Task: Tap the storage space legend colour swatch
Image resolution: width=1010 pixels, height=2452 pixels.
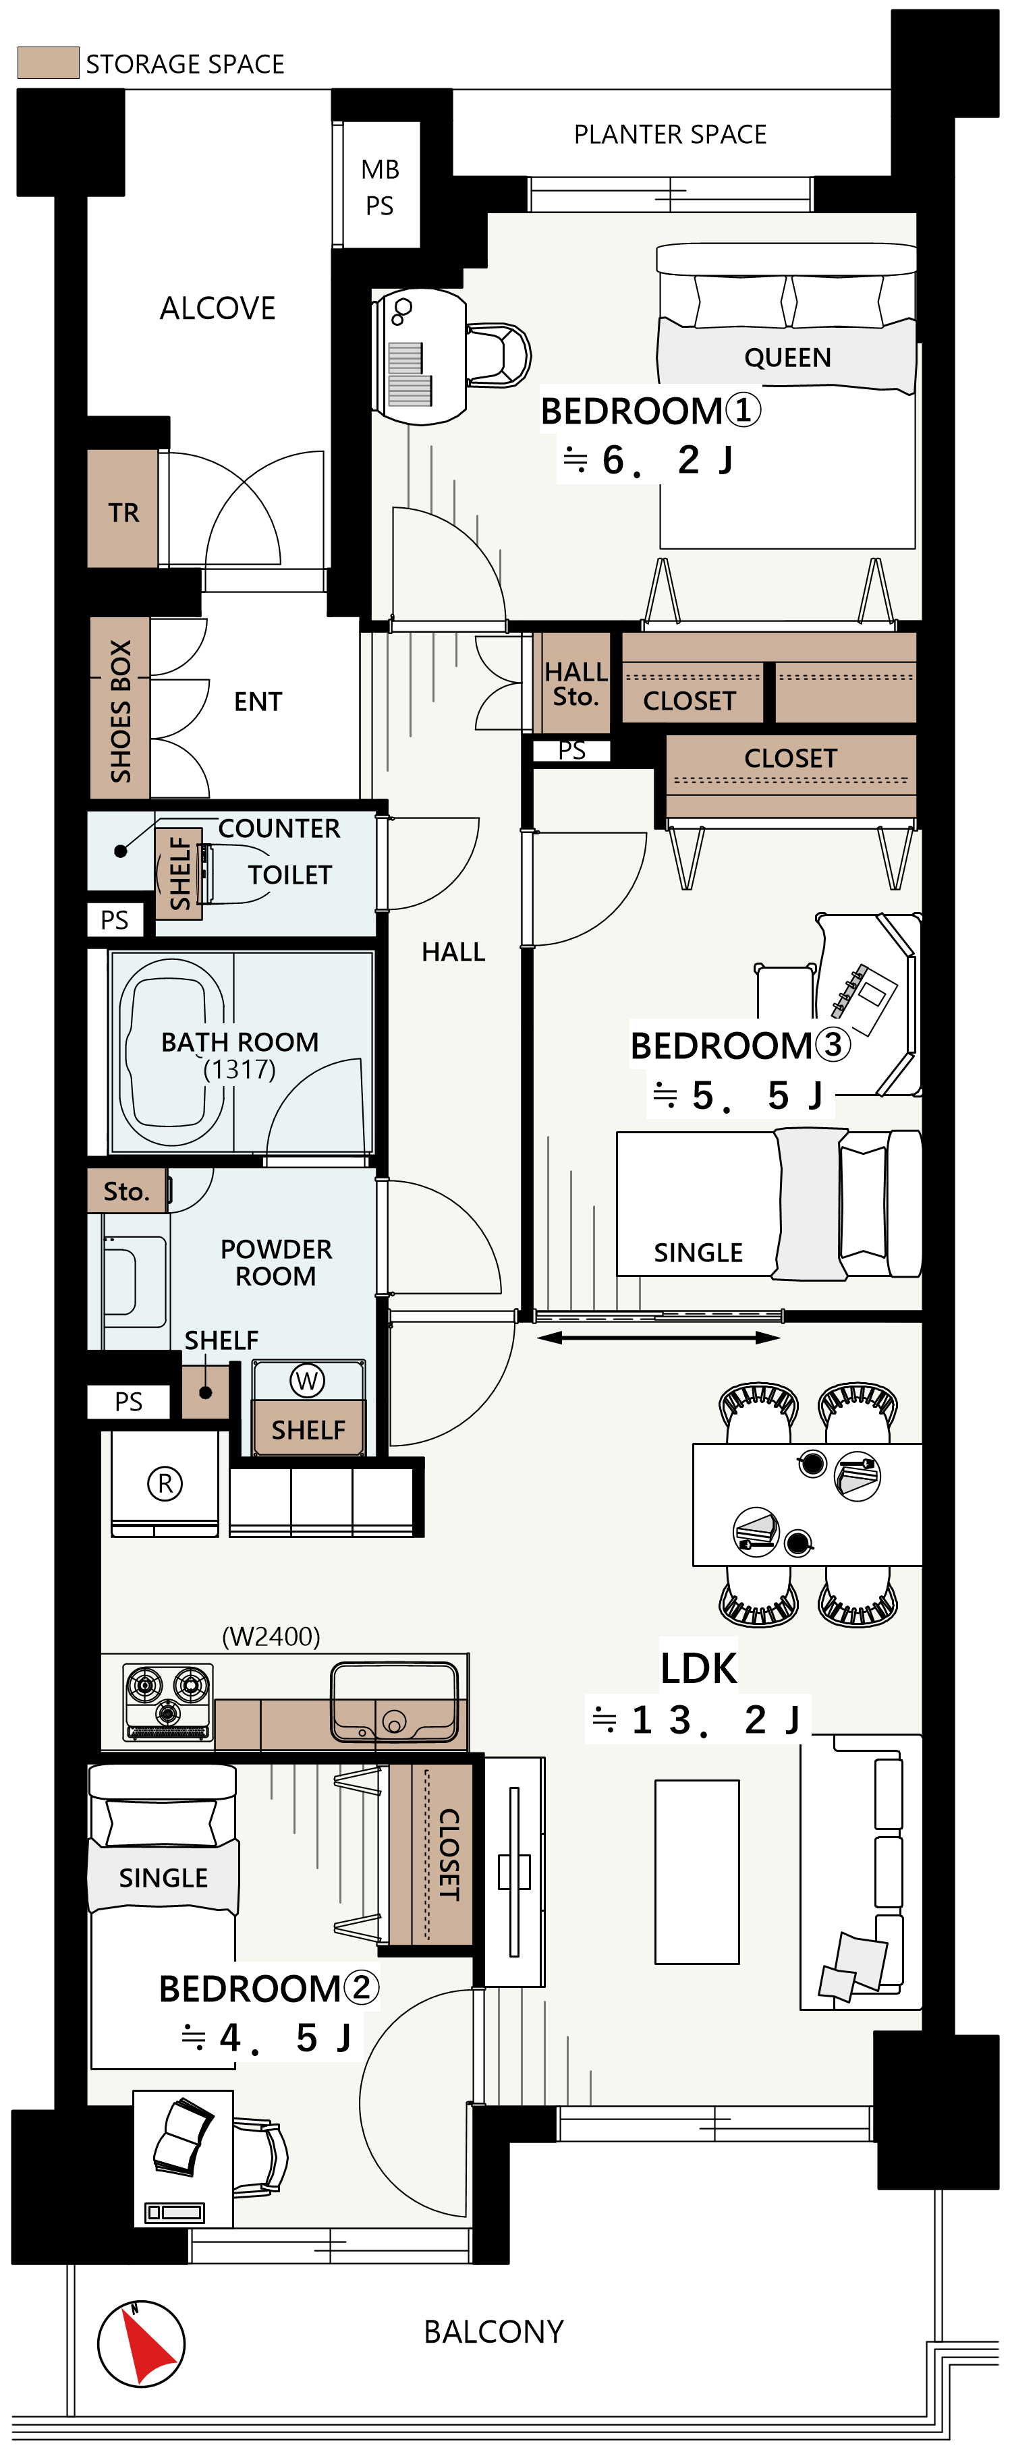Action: click(x=48, y=63)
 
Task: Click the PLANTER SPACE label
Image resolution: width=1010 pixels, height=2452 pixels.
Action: click(x=670, y=134)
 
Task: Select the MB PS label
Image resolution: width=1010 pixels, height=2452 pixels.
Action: click(x=380, y=188)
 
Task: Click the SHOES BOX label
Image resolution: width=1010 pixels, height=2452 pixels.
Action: click(x=121, y=710)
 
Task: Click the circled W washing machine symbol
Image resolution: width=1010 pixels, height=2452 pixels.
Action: click(x=306, y=1380)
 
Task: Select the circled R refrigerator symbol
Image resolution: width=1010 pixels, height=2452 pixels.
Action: click(x=165, y=1483)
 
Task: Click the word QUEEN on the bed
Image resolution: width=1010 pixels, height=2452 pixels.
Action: click(x=787, y=358)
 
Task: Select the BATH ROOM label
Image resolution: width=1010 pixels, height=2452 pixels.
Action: click(x=240, y=1042)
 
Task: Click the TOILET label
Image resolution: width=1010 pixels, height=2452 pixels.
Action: click(x=290, y=875)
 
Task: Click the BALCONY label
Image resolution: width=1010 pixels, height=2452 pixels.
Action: click(x=494, y=2332)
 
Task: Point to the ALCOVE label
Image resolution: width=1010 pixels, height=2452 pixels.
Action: click(x=218, y=308)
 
